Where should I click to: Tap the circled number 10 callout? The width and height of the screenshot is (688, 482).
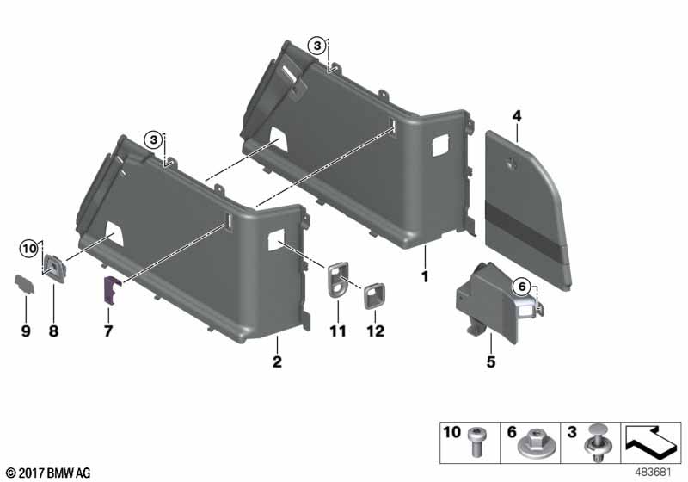[x=30, y=250]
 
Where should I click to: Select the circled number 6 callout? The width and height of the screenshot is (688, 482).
[x=522, y=287]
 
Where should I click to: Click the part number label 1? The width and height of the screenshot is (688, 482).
[x=425, y=277]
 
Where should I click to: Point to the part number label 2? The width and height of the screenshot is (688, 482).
[x=277, y=362]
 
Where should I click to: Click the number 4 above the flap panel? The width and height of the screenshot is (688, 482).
[x=517, y=116]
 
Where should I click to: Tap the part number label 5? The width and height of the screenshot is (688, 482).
[x=491, y=362]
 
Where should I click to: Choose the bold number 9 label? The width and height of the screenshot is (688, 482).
[x=26, y=331]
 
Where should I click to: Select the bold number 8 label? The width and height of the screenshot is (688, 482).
[x=53, y=331]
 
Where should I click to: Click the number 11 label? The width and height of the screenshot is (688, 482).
[x=338, y=331]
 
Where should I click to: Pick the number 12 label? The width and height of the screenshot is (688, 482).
[x=376, y=331]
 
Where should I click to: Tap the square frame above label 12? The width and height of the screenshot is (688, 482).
[x=374, y=296]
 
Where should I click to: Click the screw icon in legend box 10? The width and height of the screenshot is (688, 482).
[x=476, y=442]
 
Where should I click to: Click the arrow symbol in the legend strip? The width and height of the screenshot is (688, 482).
[x=652, y=441]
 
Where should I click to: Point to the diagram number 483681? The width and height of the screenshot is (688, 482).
[x=654, y=473]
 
